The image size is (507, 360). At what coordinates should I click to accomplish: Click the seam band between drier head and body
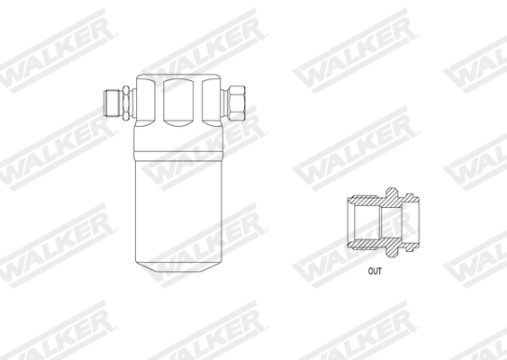pos(177,144)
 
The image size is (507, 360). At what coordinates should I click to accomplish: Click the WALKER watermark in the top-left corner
pos(54,49)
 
